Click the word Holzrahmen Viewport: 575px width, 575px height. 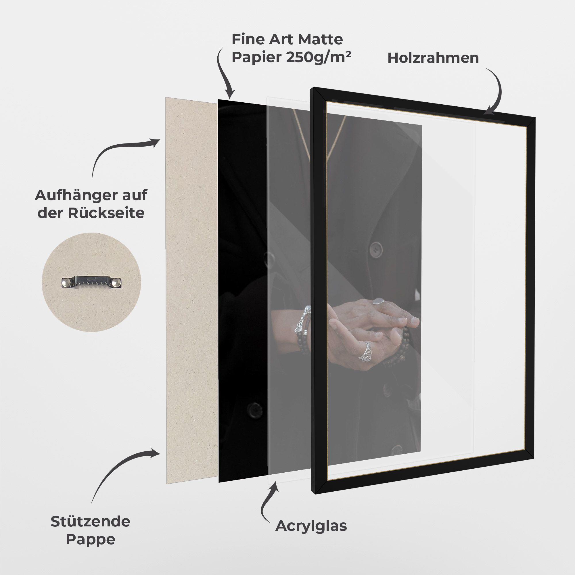(x=433, y=58)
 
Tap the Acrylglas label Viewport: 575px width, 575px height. (x=311, y=526)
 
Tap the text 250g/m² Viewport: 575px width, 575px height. (x=319, y=57)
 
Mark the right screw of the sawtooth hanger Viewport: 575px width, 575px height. (x=117, y=282)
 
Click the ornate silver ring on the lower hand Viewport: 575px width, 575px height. (x=365, y=352)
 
